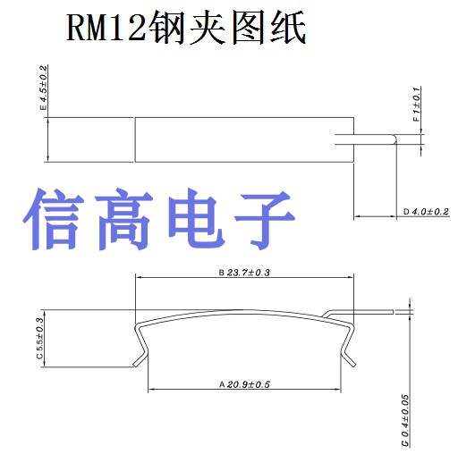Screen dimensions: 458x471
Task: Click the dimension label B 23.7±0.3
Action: click(244, 273)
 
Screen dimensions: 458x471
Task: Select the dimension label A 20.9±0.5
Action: click(244, 384)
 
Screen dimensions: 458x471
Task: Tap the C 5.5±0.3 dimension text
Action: click(39, 338)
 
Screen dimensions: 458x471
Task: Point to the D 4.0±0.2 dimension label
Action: click(426, 212)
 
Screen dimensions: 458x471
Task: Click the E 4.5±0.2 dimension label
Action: click(44, 88)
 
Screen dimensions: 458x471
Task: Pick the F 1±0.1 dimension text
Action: click(416, 105)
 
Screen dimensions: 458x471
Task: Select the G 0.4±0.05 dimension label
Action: click(405, 421)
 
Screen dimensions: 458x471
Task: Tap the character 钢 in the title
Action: click(166, 28)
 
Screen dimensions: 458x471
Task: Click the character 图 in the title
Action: click(248, 28)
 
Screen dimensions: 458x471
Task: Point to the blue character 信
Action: click(54, 219)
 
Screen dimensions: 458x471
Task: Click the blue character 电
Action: click(195, 219)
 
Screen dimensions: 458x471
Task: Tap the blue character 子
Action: click(264, 220)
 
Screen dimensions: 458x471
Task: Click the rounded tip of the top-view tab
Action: click(394, 139)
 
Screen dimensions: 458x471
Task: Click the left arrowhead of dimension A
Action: click(151, 390)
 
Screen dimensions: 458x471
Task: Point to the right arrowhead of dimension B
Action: click(350, 277)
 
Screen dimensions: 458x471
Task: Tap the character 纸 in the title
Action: click(288, 28)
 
